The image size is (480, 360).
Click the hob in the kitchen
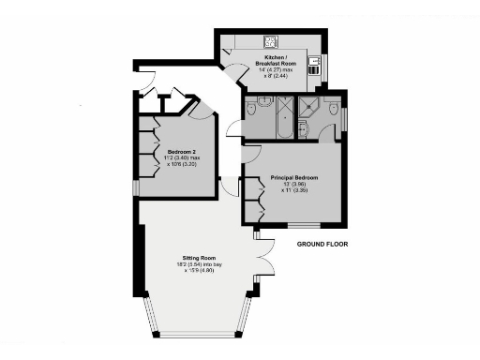[269, 41]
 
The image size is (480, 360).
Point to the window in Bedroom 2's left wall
[137, 187]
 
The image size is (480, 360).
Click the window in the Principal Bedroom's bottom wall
[303, 226]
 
